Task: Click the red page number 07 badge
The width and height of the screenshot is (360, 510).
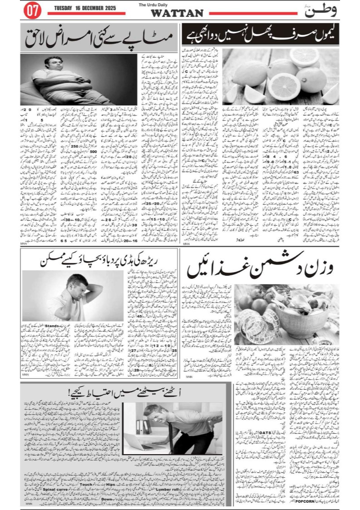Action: pos(32,11)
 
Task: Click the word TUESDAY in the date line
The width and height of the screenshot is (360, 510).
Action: pos(64,8)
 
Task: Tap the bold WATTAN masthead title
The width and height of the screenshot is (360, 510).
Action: pos(177,14)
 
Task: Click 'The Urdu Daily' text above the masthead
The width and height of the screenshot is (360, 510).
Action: pos(177,5)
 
